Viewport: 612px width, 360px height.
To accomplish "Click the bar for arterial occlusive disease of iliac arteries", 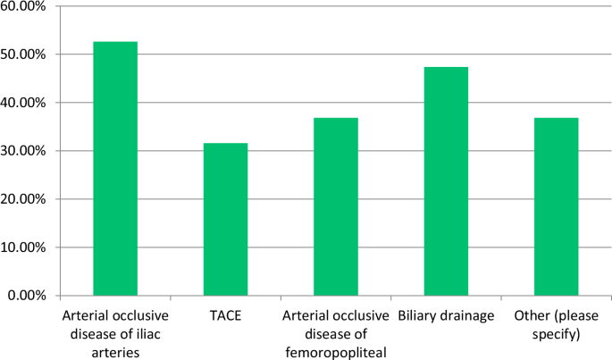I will (x=115, y=168).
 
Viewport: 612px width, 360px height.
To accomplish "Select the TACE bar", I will (x=225, y=219).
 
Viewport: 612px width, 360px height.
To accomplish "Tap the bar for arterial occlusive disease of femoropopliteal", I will (x=336, y=206).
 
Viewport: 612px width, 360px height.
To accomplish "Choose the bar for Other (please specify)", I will (x=556, y=206).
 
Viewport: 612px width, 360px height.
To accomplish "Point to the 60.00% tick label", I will (x=25, y=6).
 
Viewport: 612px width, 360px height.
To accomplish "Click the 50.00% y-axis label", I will (x=25, y=54).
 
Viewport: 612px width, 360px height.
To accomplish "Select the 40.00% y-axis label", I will (x=25, y=103).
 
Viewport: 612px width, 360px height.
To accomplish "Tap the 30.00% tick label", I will (x=25, y=151).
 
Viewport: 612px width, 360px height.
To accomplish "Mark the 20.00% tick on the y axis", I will (x=25, y=199).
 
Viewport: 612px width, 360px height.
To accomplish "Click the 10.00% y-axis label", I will (x=25, y=247).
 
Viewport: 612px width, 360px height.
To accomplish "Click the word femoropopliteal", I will (x=336, y=351).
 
